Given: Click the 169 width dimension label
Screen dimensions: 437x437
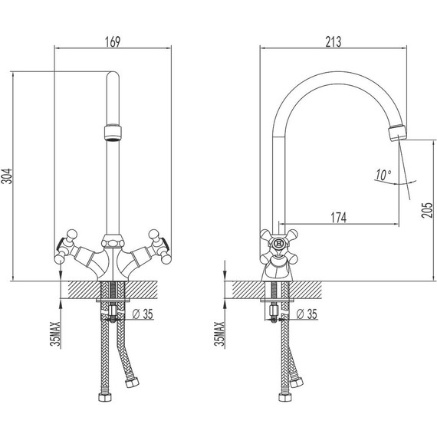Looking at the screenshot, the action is [113, 42].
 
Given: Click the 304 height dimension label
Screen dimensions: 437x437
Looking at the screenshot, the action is [7, 176].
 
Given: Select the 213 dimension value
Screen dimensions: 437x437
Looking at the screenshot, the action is [333, 42].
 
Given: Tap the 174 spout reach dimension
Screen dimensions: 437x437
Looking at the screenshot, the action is [339, 218].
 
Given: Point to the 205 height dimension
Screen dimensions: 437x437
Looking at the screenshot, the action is [427, 210].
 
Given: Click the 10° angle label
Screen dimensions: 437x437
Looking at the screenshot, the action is [383, 175].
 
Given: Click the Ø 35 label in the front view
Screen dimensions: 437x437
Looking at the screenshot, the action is [143, 314].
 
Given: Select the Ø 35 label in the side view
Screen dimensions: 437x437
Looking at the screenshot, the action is [307, 314].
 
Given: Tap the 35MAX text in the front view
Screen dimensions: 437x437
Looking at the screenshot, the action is [55, 333].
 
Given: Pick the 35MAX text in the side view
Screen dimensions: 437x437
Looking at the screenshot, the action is [219, 333].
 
